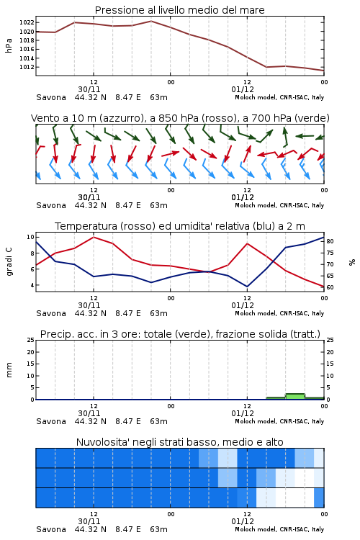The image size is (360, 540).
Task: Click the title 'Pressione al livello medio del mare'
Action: click(179, 10)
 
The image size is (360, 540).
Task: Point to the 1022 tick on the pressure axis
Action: click(27, 23)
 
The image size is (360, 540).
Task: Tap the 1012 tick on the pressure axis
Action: click(27, 67)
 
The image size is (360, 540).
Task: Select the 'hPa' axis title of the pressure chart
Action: click(9, 45)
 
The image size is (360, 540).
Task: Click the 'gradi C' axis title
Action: click(9, 261)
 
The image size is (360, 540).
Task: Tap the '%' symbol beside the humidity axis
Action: click(352, 262)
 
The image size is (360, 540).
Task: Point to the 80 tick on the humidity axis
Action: click(330, 241)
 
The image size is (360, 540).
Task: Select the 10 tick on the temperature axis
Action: click(30, 237)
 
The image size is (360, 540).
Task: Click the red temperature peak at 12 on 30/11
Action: click(94, 237)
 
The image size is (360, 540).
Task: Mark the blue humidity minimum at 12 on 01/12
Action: click(247, 286)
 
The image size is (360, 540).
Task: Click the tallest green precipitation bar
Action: click(295, 397)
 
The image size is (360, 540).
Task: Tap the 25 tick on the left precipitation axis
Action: click(30, 340)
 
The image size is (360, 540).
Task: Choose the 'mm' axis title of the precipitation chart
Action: click(9, 370)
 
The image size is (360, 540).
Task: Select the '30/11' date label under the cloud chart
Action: click(89, 521)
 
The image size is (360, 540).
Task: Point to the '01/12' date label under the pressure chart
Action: click(243, 89)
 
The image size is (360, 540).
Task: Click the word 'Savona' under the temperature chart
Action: click(51, 313)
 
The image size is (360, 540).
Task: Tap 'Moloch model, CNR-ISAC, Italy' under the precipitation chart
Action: click(279, 421)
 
